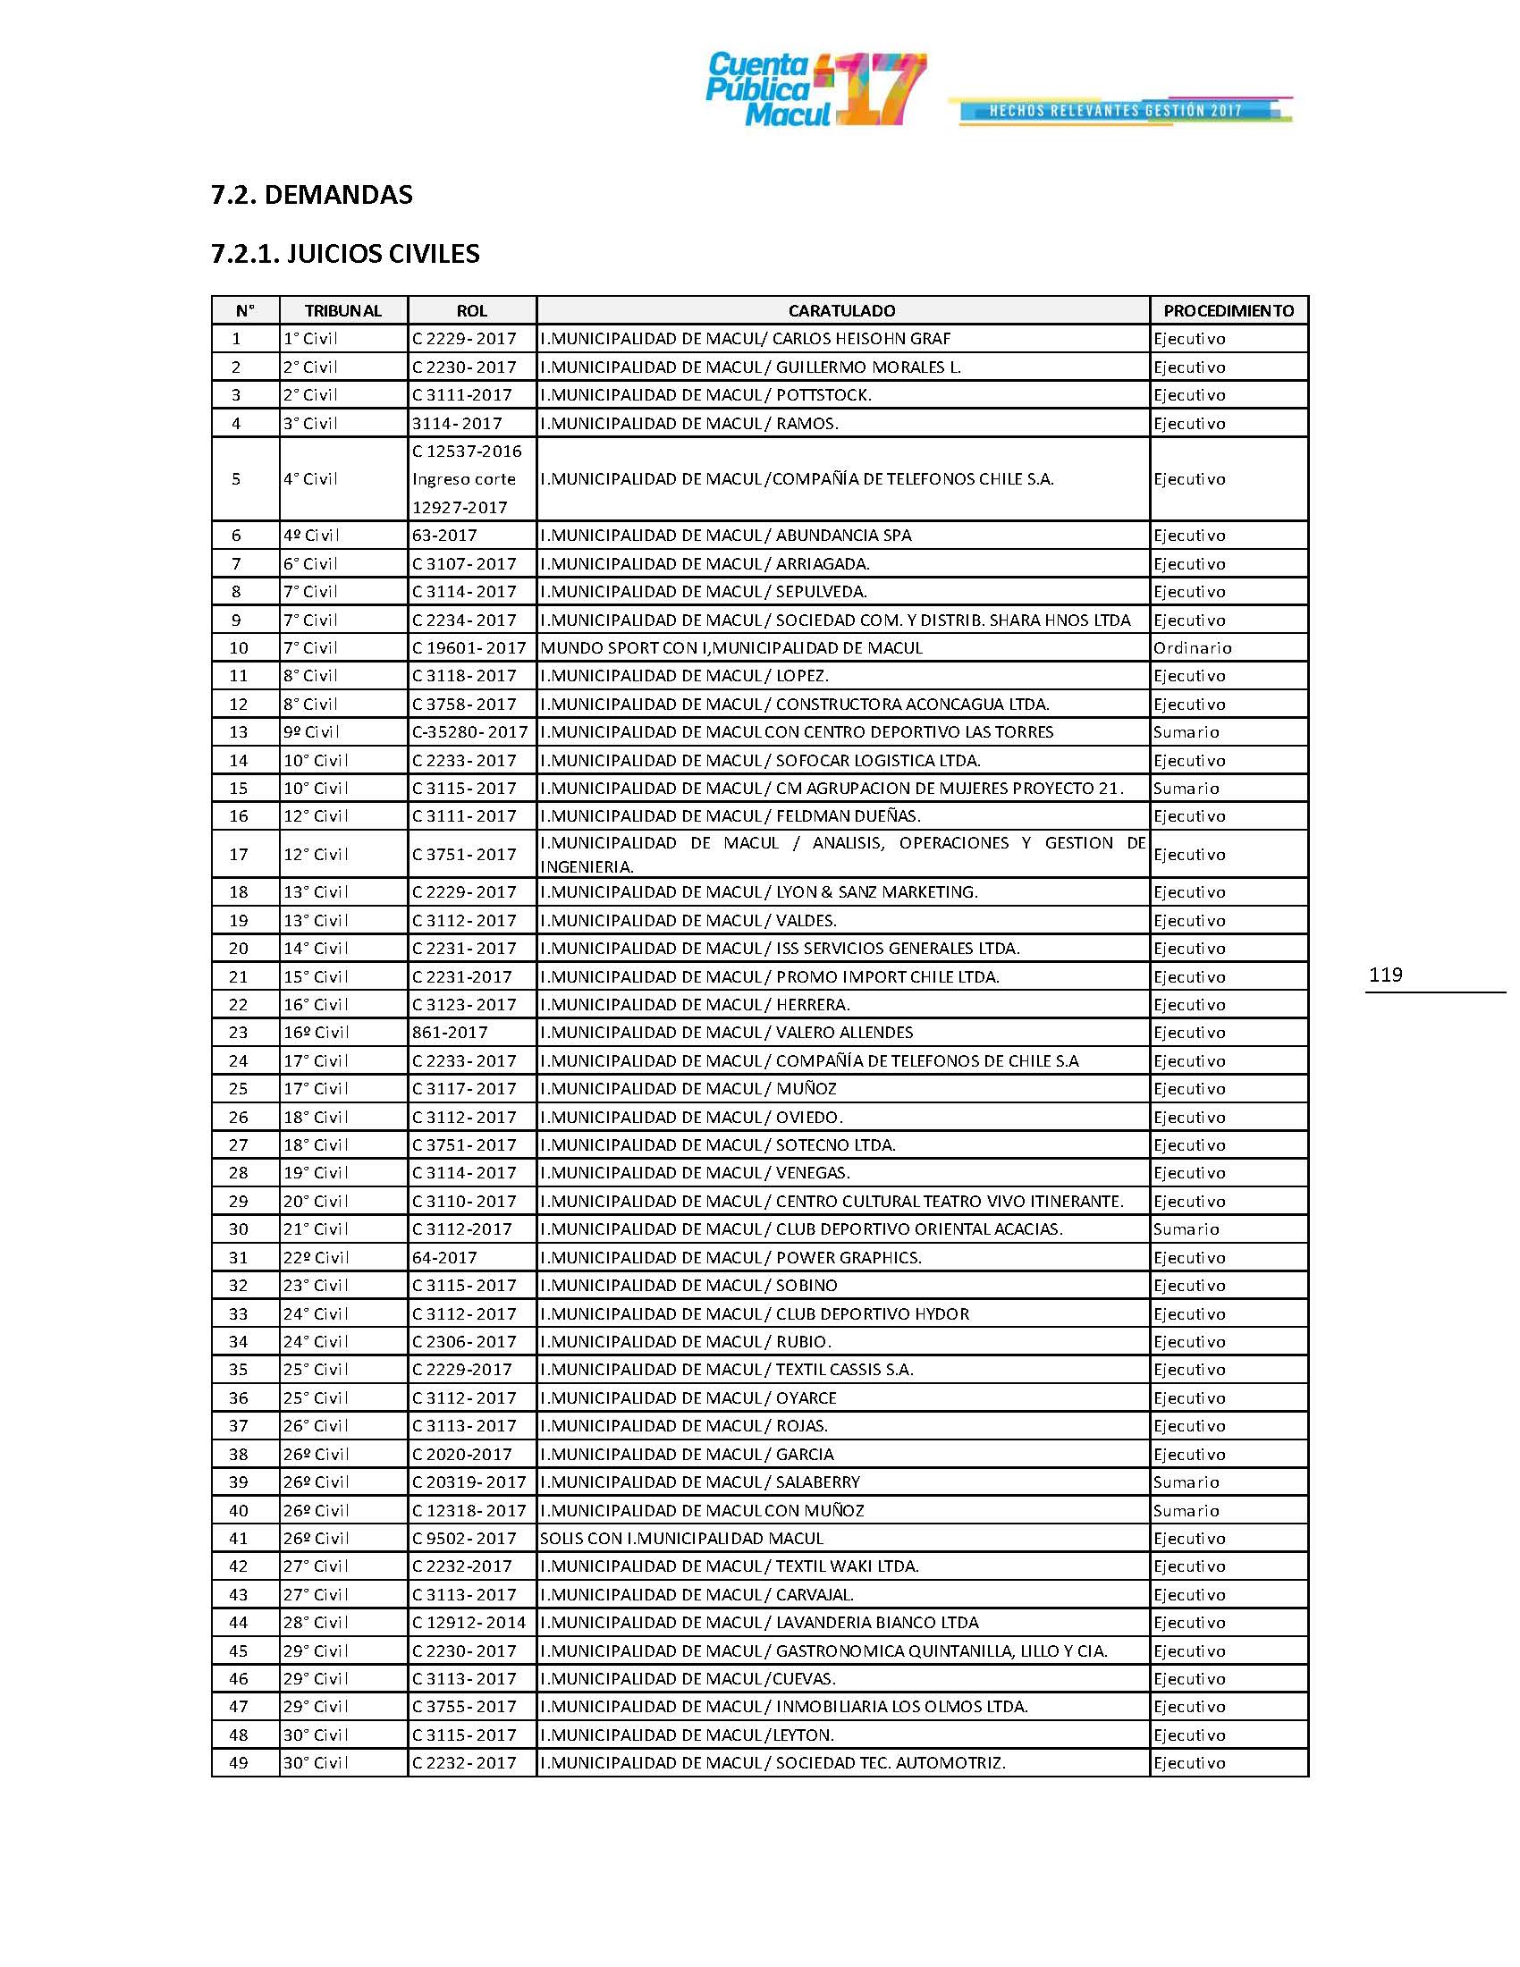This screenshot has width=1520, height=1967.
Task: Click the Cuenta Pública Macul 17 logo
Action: coord(815,90)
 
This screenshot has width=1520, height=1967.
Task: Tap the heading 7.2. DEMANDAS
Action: coord(311,195)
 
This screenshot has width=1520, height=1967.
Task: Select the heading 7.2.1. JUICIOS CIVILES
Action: coord(345,254)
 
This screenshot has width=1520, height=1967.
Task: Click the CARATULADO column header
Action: coord(842,311)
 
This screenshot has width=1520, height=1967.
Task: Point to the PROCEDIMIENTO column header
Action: coord(1229,311)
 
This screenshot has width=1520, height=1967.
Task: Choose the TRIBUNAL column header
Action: coord(343,311)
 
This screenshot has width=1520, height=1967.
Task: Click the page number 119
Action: coord(1385,975)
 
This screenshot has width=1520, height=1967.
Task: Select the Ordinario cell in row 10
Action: coord(1192,647)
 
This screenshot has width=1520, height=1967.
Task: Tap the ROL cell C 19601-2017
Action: coord(469,647)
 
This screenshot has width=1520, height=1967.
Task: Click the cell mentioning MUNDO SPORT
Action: coord(731,647)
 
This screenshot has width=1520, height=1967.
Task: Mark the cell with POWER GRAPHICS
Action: coord(730,1257)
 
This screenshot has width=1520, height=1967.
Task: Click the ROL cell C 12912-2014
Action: coord(469,1622)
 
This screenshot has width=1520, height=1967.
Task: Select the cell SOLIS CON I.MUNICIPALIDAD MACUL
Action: coord(681,1539)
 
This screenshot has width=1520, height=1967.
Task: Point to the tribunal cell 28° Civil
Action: coord(315,1622)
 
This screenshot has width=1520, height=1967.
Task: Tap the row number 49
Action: coord(238,1762)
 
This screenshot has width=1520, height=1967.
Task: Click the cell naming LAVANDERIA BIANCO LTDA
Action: coord(759,1622)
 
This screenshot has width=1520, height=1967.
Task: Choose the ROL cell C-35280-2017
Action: coord(470,731)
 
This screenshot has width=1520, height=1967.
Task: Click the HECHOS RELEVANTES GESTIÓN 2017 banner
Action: coord(1117,111)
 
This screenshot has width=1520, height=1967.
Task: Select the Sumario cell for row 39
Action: coord(1186,1482)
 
